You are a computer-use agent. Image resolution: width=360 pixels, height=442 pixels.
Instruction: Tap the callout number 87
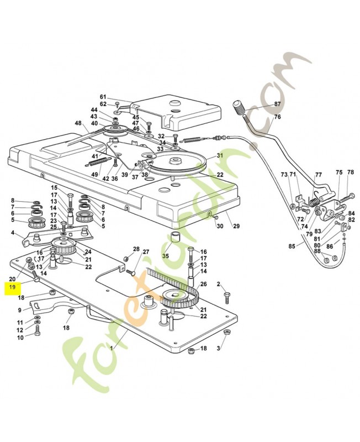pyautogui.click(x=277, y=104)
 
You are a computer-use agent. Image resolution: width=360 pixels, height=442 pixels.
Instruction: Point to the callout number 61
pyautogui.click(x=103, y=96)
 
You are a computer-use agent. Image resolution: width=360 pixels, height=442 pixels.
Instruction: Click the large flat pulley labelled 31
pyautogui.click(x=177, y=162)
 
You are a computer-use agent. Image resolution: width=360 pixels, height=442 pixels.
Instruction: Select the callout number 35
pyautogui.click(x=166, y=256)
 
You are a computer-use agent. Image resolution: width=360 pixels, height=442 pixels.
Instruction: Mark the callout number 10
pyautogui.click(x=20, y=337)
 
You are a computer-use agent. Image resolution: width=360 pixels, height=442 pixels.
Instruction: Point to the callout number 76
pyautogui.click(x=277, y=117)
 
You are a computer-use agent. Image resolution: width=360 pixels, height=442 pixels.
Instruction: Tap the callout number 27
pyautogui.click(x=146, y=252)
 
